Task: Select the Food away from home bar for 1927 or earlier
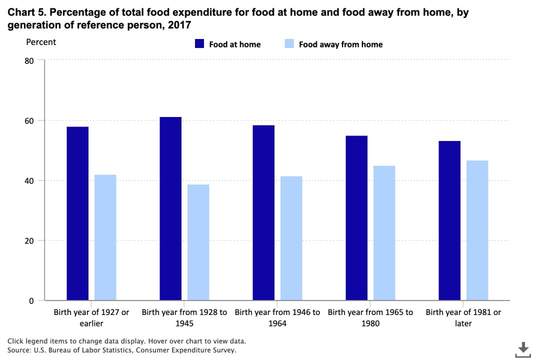[105, 237]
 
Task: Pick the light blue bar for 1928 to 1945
[198, 242]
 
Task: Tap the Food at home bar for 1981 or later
[449, 220]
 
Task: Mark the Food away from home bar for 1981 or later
[477, 230]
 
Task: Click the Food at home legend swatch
[199, 44]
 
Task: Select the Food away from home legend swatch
[289, 44]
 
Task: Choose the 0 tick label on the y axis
[31, 300]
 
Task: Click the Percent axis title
[41, 42]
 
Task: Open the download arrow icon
[523, 349]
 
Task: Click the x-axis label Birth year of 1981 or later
[463, 317]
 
